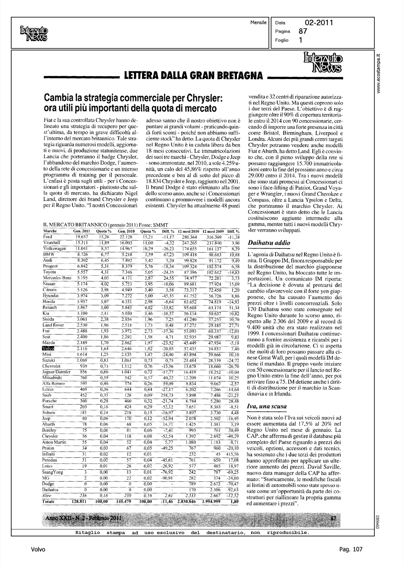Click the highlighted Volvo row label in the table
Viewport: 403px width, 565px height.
tap(49, 348)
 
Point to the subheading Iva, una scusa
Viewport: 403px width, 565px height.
tap(267, 406)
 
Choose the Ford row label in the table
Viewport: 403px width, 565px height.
tap(48, 237)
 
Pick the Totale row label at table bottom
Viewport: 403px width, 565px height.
tap(49, 502)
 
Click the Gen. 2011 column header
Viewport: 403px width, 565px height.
tap(82, 231)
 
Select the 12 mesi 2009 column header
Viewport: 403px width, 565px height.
tap(213, 231)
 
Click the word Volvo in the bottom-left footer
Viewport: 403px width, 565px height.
tap(38, 549)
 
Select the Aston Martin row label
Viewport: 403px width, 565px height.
tap(55, 442)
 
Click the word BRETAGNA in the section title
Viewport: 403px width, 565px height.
tap(238, 76)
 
